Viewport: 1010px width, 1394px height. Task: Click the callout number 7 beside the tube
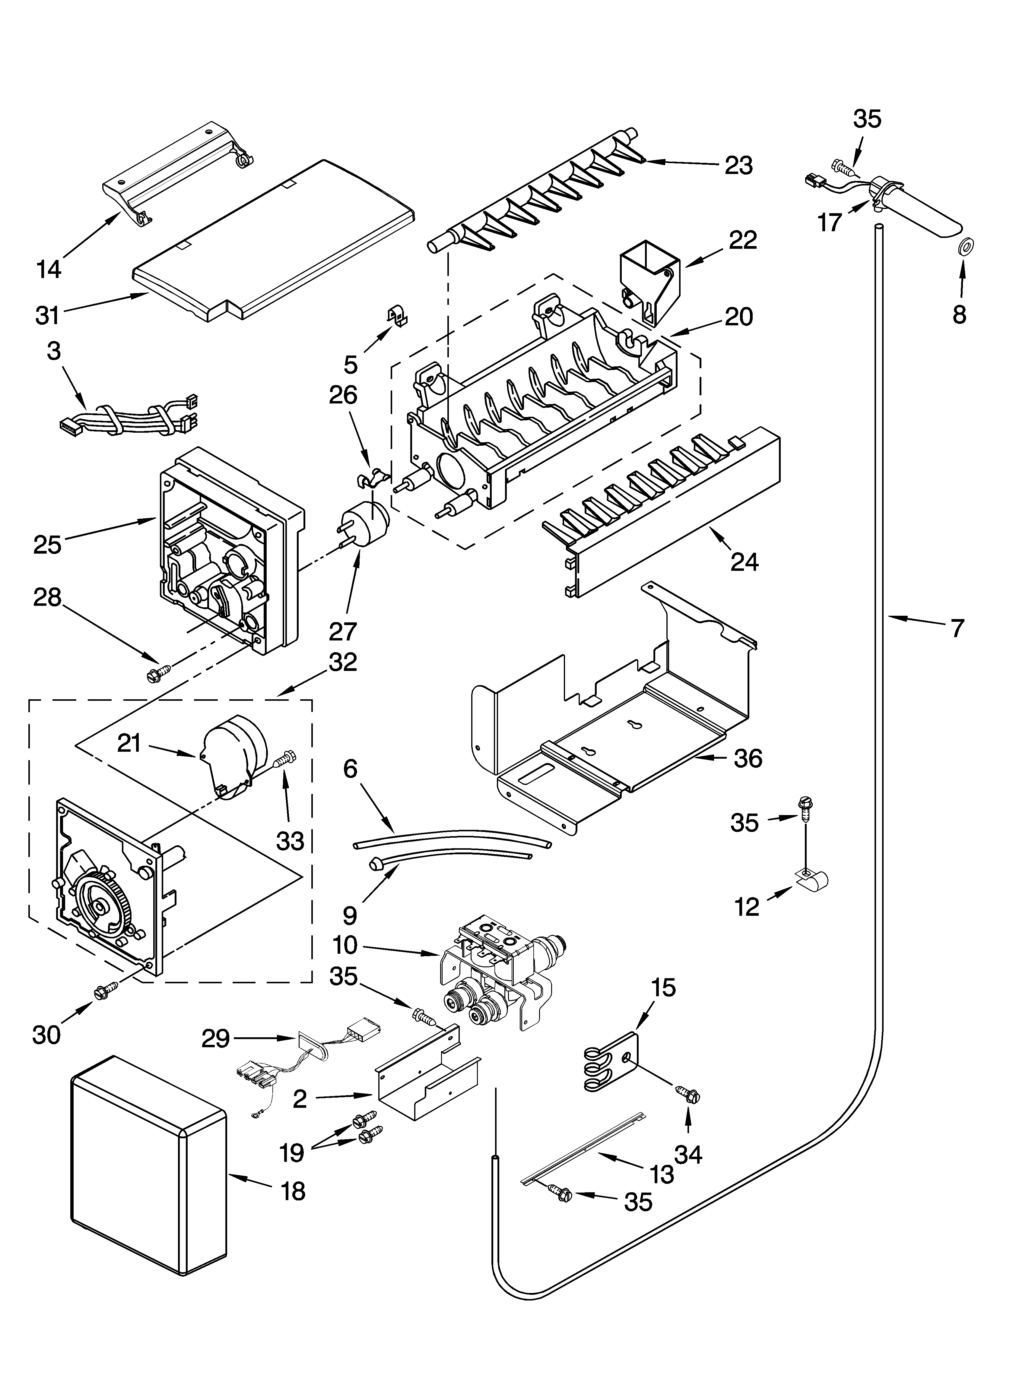point(957,628)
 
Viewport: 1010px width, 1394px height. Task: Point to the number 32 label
point(343,662)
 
